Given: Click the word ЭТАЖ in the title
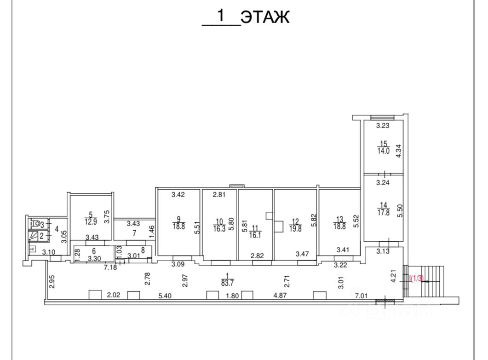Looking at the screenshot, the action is coord(265,17).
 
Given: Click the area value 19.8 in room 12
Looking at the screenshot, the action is coord(295,229).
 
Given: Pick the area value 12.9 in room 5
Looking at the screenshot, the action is coord(91,221).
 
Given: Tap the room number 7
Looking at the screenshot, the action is coord(134,233).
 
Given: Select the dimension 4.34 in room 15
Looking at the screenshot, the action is coord(399,151).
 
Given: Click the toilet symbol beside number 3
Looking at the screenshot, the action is coord(34,225).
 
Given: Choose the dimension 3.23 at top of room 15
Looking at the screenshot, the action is coord(383,125).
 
